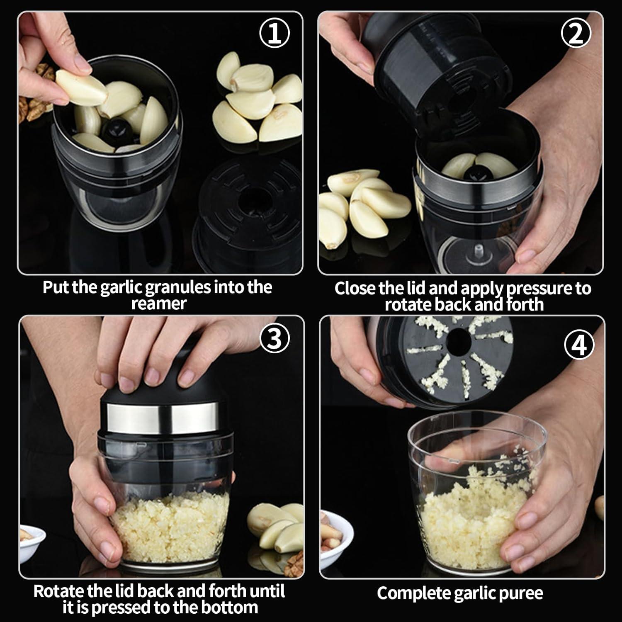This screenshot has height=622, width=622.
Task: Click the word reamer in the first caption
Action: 159,304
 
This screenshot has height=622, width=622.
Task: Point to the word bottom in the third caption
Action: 227,607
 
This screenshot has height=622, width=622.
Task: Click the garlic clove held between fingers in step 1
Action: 81,87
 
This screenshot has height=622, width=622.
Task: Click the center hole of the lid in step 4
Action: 459,341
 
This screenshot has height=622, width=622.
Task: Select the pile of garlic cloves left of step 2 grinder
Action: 361,203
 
